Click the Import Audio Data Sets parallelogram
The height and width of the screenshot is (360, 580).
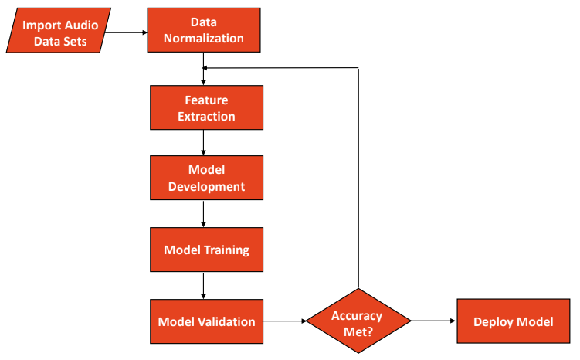coord(59,32)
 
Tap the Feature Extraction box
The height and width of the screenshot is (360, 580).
coord(205,108)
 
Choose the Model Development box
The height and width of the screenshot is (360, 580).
coord(205,178)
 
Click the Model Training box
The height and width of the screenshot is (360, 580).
coord(205,250)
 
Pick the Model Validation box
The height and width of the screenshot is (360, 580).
coord(205,321)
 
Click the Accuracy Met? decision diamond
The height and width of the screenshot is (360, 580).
coord(358,321)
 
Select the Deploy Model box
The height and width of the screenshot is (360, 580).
coord(513,321)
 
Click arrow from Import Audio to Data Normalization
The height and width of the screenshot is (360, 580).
coord(128,32)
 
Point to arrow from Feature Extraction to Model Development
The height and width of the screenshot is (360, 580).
coord(203,142)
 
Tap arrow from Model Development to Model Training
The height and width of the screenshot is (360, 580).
coord(203,214)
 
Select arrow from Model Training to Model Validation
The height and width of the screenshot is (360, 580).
coord(203,285)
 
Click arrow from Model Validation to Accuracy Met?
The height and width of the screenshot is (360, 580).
coord(284,321)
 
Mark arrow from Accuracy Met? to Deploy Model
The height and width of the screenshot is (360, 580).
coord(433,321)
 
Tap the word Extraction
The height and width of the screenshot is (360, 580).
coord(205,116)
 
